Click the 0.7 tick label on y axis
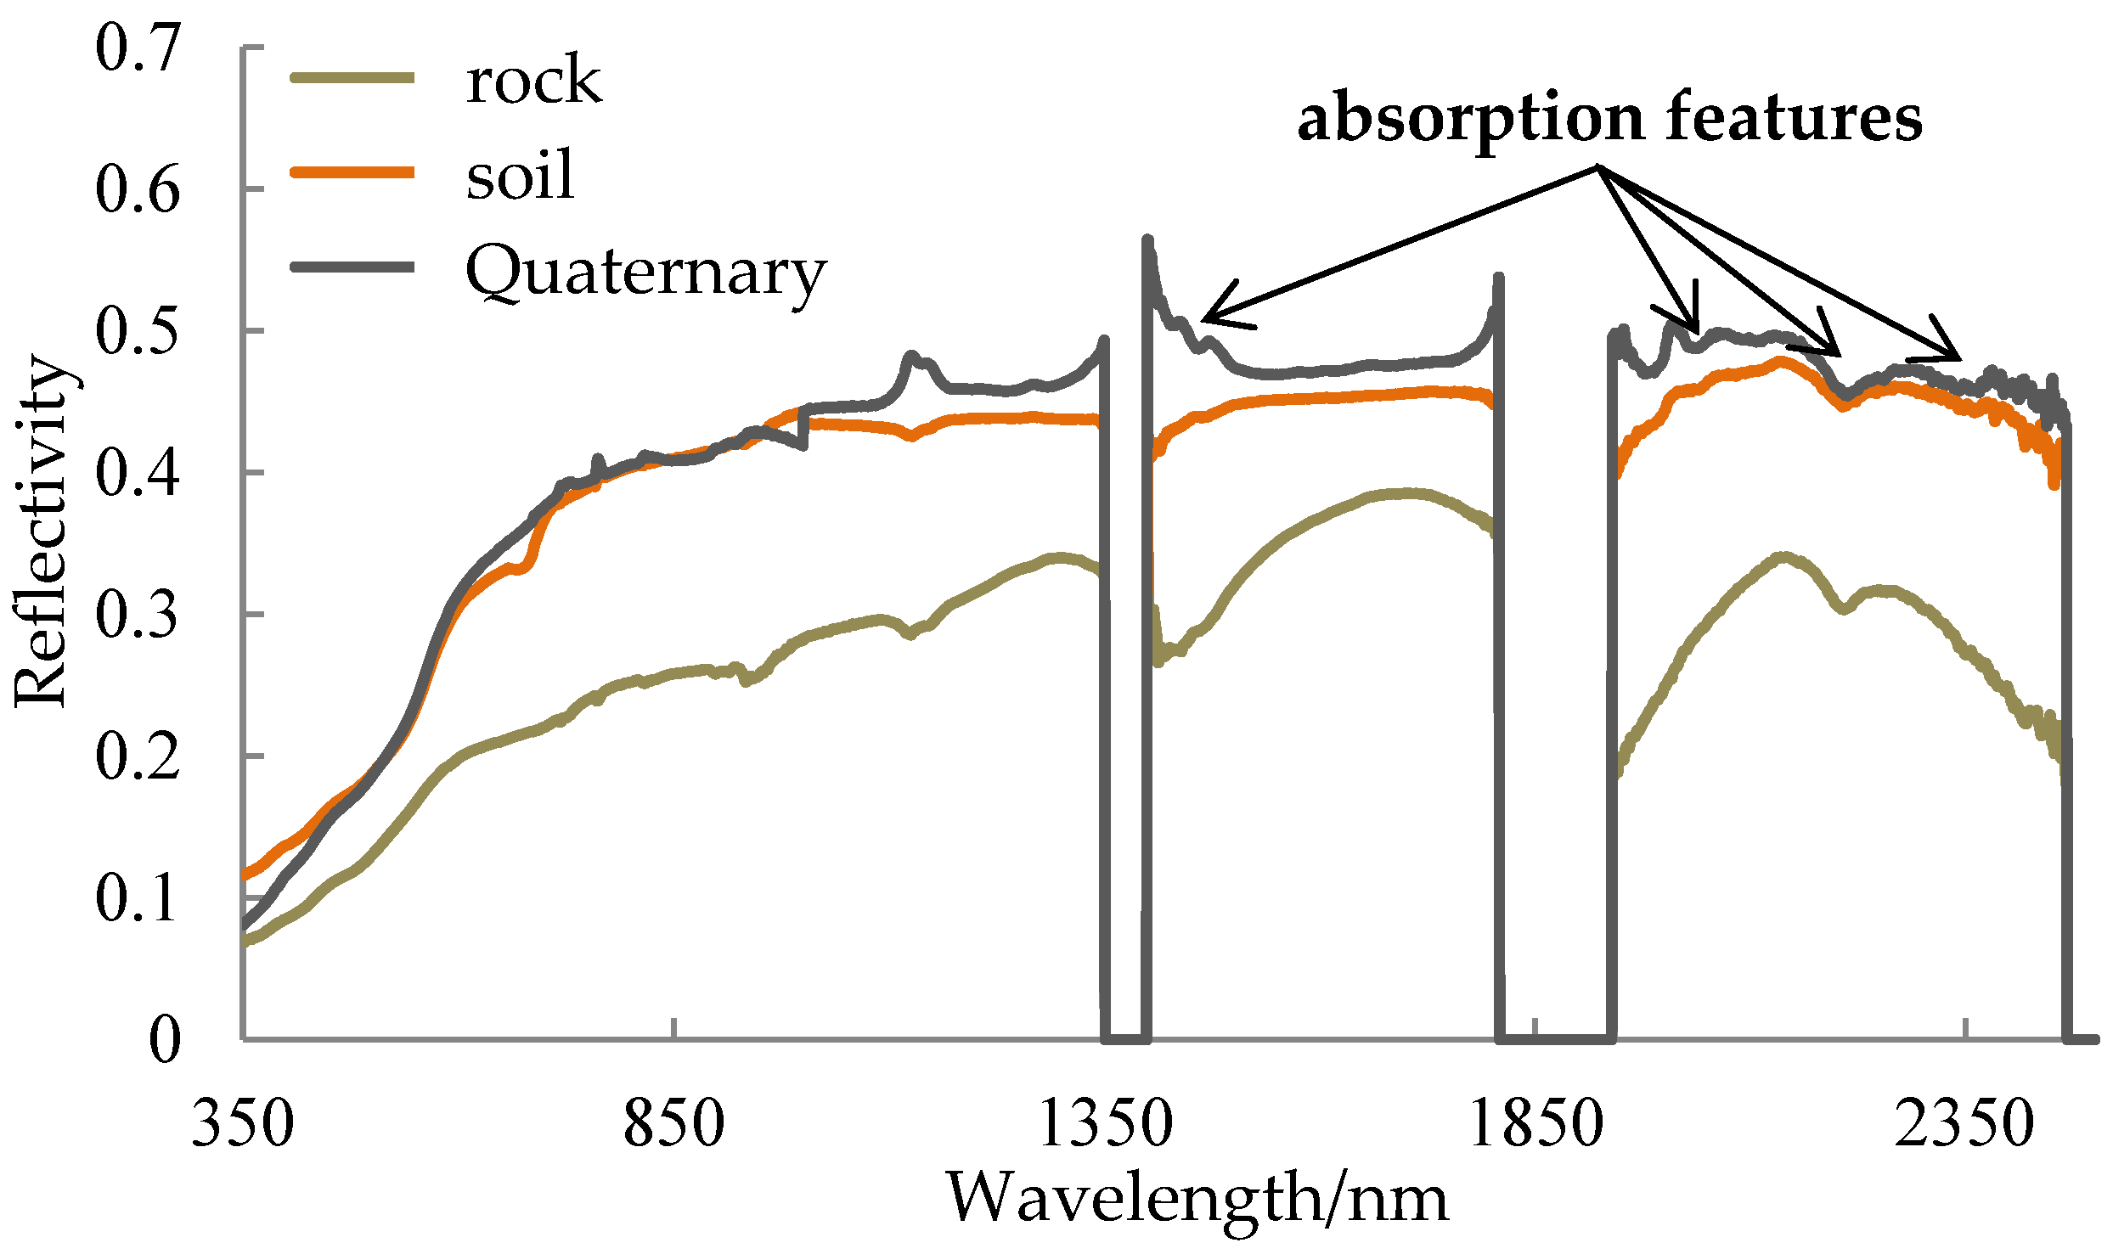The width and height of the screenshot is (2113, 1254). [137, 48]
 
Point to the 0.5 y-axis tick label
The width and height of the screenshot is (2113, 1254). [137, 331]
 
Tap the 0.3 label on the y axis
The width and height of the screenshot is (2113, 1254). [137, 615]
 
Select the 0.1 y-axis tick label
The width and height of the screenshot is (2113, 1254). [137, 898]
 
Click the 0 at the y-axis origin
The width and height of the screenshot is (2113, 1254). [165, 1040]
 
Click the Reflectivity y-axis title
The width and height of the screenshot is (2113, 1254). [42, 531]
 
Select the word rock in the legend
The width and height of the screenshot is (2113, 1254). [533, 81]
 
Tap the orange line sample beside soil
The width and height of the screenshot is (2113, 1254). [352, 173]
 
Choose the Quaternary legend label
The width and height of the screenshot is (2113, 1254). [645, 273]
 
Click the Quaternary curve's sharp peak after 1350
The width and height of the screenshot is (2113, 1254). [1147, 241]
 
